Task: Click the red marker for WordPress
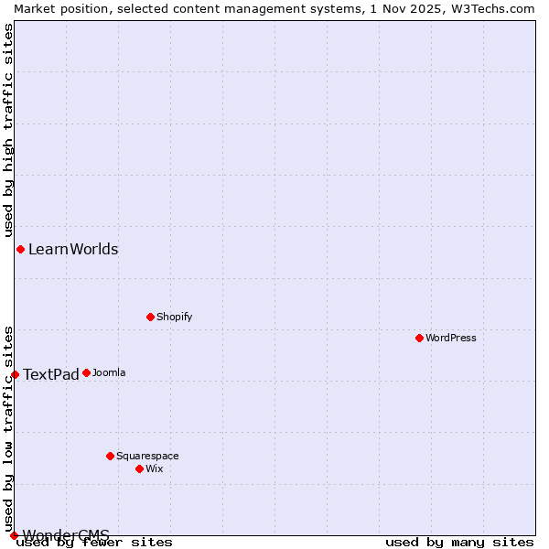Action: click(x=419, y=338)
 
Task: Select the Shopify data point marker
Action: click(x=150, y=317)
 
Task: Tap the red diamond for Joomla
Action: click(x=86, y=372)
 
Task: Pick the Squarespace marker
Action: click(x=110, y=456)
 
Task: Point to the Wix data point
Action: click(x=139, y=468)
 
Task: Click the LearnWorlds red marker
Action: click(x=20, y=249)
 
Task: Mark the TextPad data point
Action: click(x=15, y=374)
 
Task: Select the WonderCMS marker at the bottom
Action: click(x=14, y=535)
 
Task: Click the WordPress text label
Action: click(x=451, y=338)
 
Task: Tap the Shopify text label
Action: click(x=174, y=317)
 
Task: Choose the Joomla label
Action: click(x=109, y=372)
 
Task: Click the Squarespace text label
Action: click(x=147, y=456)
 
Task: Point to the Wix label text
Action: click(x=154, y=468)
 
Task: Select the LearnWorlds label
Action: click(x=73, y=249)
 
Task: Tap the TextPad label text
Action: click(x=51, y=374)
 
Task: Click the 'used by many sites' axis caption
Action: click(x=459, y=542)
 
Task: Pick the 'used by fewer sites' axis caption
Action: click(x=95, y=542)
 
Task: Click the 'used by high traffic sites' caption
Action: click(x=8, y=127)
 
